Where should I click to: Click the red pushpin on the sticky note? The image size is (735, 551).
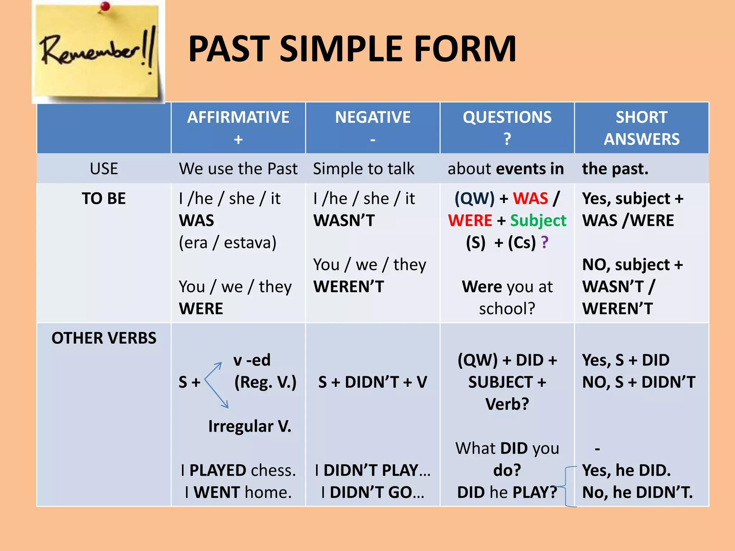(105, 6)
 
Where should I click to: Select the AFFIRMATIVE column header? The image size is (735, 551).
(238, 117)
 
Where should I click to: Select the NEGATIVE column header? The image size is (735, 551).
(373, 117)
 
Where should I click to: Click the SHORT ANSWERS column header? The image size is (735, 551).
(641, 128)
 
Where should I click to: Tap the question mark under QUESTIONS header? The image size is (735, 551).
(507, 139)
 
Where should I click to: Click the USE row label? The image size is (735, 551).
(104, 169)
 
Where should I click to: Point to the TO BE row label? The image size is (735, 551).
(104, 198)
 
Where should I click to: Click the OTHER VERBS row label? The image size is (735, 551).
(104, 338)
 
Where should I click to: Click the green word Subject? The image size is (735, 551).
(538, 221)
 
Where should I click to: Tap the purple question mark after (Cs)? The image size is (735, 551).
(544, 242)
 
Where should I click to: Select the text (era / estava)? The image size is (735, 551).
(228, 243)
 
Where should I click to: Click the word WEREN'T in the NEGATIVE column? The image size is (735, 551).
(348, 287)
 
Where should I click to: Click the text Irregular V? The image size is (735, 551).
(250, 427)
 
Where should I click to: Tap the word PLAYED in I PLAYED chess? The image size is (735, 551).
(223, 470)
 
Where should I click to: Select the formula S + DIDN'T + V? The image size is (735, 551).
(373, 382)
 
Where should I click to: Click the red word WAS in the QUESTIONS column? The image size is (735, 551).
(530, 198)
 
